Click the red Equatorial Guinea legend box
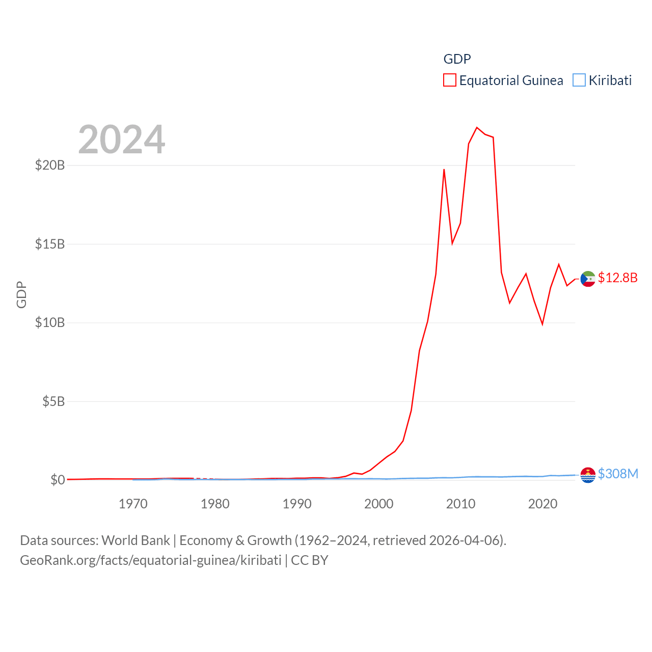coord(449,80)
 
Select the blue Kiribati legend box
coord(579,80)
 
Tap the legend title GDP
coord(457,59)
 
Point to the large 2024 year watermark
coord(122,140)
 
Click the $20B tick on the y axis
coord(50,165)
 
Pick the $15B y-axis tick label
coord(50,244)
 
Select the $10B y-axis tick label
coord(50,322)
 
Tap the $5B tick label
coord(53,401)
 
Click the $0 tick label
coord(58,480)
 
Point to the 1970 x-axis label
coord(133,504)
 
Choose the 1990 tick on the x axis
coord(297,504)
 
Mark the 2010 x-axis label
coord(460,504)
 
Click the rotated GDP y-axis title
coord(21,294)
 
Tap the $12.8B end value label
coord(617,278)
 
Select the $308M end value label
coord(618,474)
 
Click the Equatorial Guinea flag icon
coord(588,279)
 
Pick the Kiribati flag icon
coord(588,475)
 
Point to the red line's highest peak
coord(477,127)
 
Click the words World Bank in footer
coord(135,540)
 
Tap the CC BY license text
coord(310,560)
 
